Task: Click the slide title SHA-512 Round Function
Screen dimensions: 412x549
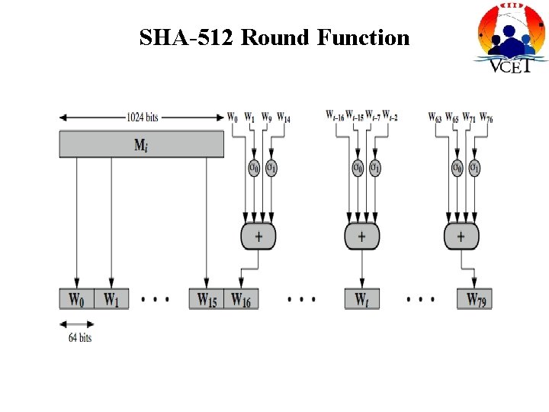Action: click(274, 37)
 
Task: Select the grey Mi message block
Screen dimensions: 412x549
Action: click(142, 144)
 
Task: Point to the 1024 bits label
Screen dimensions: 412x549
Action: click(143, 117)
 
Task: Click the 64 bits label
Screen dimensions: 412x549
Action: click(79, 336)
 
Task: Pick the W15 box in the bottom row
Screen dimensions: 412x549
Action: click(206, 299)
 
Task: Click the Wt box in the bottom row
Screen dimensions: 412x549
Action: click(361, 299)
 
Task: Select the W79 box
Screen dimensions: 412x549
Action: click(474, 299)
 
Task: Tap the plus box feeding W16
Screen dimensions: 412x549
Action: click(258, 237)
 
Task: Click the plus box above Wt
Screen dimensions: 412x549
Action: click(361, 237)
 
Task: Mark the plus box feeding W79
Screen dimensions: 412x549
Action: click(461, 237)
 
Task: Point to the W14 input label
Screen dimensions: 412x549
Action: click(282, 117)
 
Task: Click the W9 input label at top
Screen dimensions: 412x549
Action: click(265, 117)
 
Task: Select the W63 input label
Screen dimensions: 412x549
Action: click(435, 117)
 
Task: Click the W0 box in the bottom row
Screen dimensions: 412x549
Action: click(76, 299)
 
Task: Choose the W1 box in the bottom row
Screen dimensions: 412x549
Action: click(111, 299)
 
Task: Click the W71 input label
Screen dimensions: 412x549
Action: click(469, 117)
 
